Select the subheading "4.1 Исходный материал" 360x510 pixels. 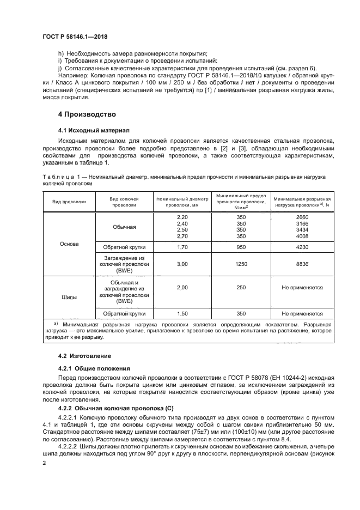[90, 131]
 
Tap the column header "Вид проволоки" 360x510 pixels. [69, 201]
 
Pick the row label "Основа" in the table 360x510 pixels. [69, 244]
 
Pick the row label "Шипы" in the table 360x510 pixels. [69, 297]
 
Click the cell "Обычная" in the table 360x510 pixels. [124, 227]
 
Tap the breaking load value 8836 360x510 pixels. [302, 264]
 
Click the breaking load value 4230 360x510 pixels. [302, 247]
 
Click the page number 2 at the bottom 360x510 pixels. [45, 463]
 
